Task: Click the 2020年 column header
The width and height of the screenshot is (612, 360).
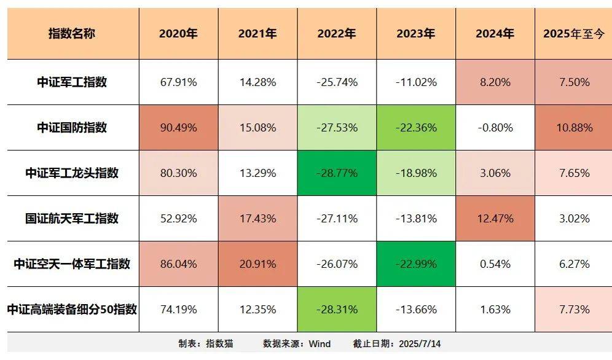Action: [x=178, y=34]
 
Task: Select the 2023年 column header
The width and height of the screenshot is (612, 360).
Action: [x=415, y=34]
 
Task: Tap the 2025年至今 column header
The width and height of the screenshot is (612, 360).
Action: [x=575, y=34]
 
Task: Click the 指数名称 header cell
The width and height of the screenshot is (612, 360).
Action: [x=72, y=34]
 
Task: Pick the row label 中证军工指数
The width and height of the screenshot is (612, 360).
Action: [x=72, y=82]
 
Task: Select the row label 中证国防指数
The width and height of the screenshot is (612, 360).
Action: [x=72, y=128]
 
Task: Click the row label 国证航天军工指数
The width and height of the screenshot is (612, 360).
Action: [x=72, y=219]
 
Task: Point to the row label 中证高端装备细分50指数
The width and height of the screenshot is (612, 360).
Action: [x=72, y=310]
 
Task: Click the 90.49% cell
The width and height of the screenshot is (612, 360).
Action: [x=178, y=128]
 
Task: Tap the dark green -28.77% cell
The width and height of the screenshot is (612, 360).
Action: [x=337, y=173]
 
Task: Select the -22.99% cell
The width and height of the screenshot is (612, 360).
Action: [x=415, y=264]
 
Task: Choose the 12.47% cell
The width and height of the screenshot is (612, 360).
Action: [x=495, y=219]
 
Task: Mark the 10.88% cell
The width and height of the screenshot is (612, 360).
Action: [x=575, y=128]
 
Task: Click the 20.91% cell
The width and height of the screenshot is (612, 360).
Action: [x=257, y=264]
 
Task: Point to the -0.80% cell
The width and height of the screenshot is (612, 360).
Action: [x=495, y=128]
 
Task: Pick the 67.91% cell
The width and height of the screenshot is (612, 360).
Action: [x=178, y=82]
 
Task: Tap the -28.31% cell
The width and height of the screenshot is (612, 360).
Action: [x=337, y=310]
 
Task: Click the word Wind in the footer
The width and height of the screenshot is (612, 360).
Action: [x=320, y=344]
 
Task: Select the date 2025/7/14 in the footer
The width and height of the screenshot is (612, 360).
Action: [x=420, y=344]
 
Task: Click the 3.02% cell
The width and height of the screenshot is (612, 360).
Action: [x=575, y=219]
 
